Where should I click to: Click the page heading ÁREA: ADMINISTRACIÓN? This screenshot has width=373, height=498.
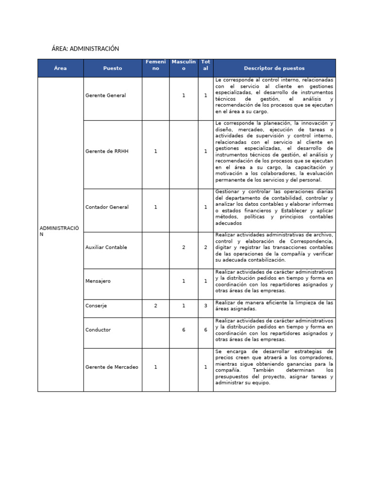click(x=85, y=49)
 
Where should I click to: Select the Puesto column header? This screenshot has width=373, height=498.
click(x=113, y=68)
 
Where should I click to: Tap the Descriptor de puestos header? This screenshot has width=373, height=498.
click(x=274, y=68)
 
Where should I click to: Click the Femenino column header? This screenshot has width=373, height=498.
click(x=155, y=65)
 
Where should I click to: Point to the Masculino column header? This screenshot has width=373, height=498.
click(x=184, y=65)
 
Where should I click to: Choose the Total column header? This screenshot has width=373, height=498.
click(x=205, y=65)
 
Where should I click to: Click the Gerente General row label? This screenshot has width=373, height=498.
click(x=105, y=95)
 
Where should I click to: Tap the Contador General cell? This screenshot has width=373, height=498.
click(x=107, y=207)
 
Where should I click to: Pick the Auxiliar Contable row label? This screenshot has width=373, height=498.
click(x=106, y=247)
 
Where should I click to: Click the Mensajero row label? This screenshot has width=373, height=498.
click(x=98, y=281)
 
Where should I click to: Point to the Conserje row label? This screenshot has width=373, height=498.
click(x=96, y=306)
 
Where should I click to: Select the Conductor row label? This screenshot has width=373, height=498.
click(x=98, y=330)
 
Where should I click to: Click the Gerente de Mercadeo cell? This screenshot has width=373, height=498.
click(x=112, y=367)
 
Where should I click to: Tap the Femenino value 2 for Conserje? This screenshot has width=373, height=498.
click(x=155, y=306)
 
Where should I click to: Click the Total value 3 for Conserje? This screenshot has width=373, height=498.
click(x=205, y=306)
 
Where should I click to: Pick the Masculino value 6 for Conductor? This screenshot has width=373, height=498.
click(x=184, y=330)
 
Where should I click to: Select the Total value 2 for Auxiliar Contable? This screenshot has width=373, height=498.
click(x=205, y=247)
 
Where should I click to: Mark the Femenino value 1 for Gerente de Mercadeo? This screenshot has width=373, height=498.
click(x=155, y=367)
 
